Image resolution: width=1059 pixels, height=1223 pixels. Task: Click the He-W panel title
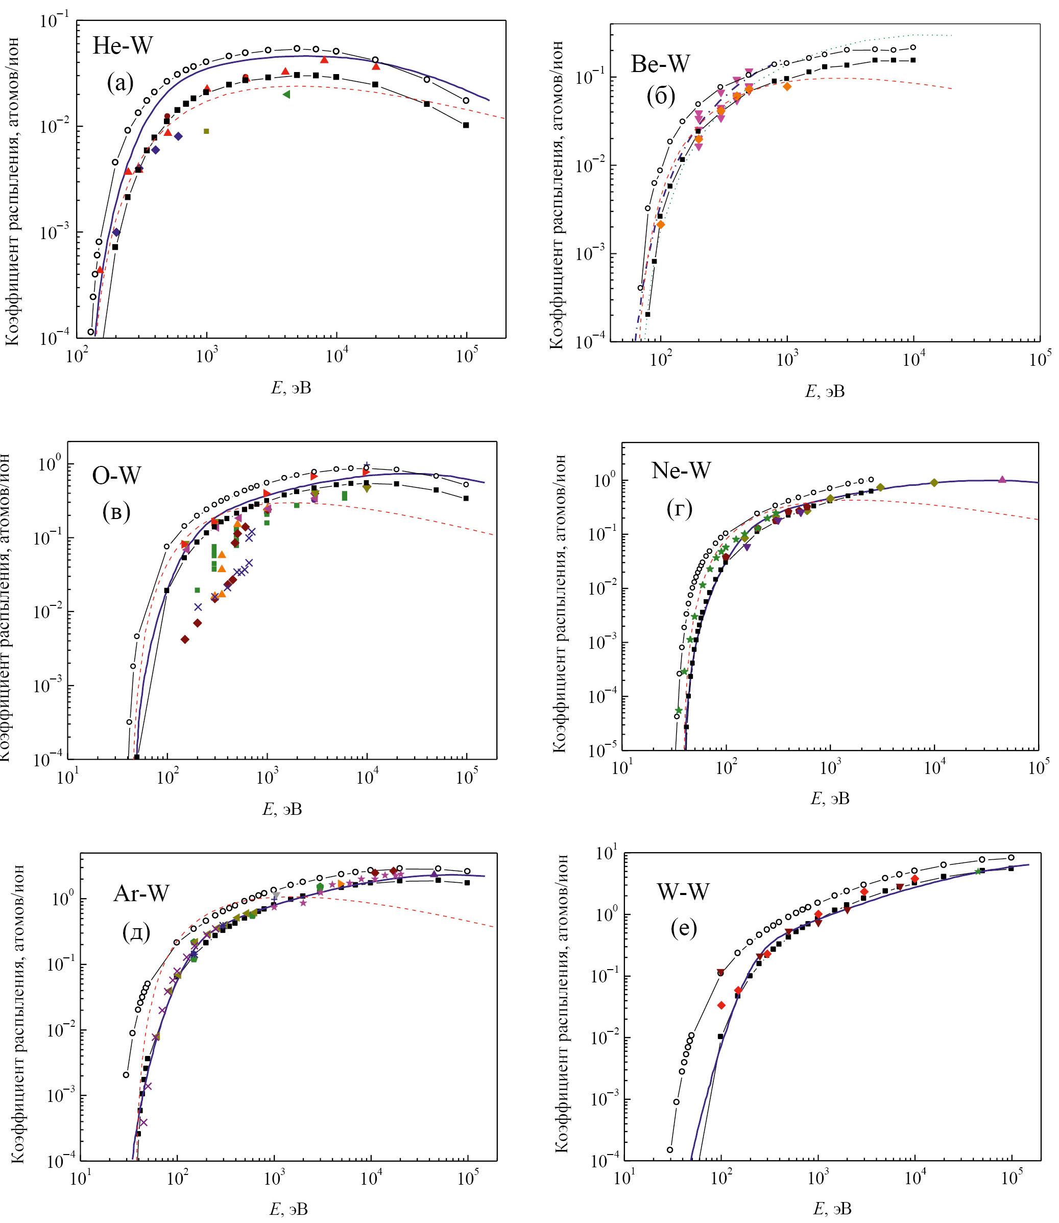tap(123, 45)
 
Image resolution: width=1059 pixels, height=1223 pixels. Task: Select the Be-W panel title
tap(660, 64)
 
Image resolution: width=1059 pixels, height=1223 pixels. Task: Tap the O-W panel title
tap(116, 475)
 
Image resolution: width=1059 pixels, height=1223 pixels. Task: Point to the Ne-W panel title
tap(681, 470)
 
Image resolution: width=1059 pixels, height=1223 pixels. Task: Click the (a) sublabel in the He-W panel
tap(121, 83)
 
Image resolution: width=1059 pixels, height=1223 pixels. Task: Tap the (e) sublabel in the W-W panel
tap(684, 929)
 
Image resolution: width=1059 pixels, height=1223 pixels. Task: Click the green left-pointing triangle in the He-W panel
tap(286, 94)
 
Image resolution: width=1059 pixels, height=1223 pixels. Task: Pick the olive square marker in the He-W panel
tap(206, 131)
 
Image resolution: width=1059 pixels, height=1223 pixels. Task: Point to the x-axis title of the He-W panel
tap(291, 388)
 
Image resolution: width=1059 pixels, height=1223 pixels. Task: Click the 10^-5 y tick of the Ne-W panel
tap(601, 750)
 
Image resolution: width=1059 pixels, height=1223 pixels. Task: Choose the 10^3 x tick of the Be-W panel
tap(787, 360)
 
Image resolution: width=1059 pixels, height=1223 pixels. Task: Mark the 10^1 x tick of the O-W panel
tap(66, 778)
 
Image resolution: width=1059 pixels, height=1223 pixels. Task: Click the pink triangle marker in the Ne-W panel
tap(1002, 479)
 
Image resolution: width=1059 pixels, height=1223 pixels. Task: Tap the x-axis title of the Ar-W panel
tap(289, 1209)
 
